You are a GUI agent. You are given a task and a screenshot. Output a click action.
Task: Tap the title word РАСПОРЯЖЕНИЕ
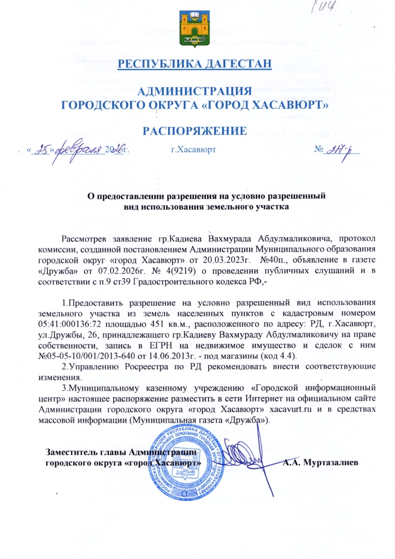194,131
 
